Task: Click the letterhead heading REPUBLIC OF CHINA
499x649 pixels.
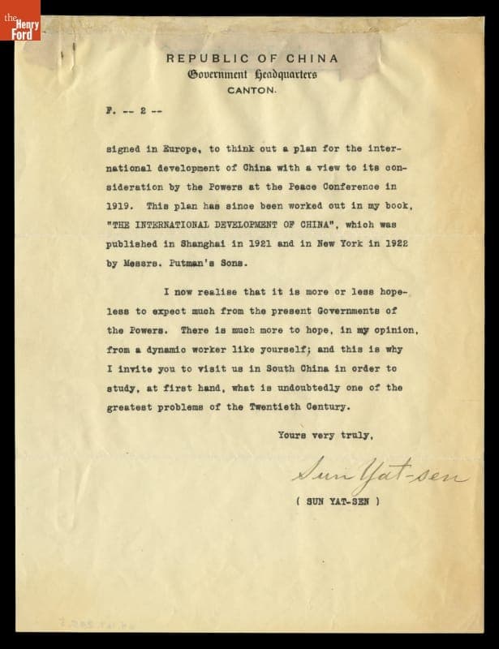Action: (x=252, y=58)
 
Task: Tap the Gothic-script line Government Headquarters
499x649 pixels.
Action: (x=252, y=75)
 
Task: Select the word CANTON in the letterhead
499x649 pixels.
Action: (x=252, y=91)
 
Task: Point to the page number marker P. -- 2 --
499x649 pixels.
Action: (x=134, y=111)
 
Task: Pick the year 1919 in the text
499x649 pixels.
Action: (x=121, y=207)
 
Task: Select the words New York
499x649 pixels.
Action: (x=344, y=245)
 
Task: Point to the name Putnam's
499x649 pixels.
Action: (x=204, y=264)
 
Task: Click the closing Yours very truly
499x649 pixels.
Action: (x=325, y=436)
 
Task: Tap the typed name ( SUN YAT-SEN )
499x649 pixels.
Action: (x=338, y=501)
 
